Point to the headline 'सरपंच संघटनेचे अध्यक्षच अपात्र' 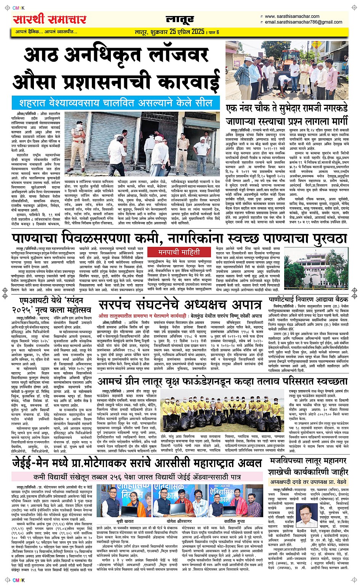pos(180,305)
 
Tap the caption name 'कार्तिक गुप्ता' pos(235,521)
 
